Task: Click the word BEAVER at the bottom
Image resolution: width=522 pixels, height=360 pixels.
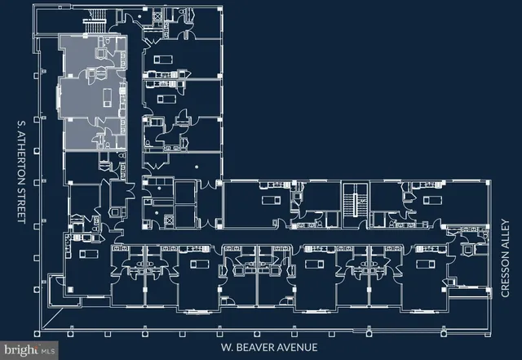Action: click(x=254, y=347)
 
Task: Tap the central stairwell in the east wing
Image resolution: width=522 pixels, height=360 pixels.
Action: click(x=352, y=202)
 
